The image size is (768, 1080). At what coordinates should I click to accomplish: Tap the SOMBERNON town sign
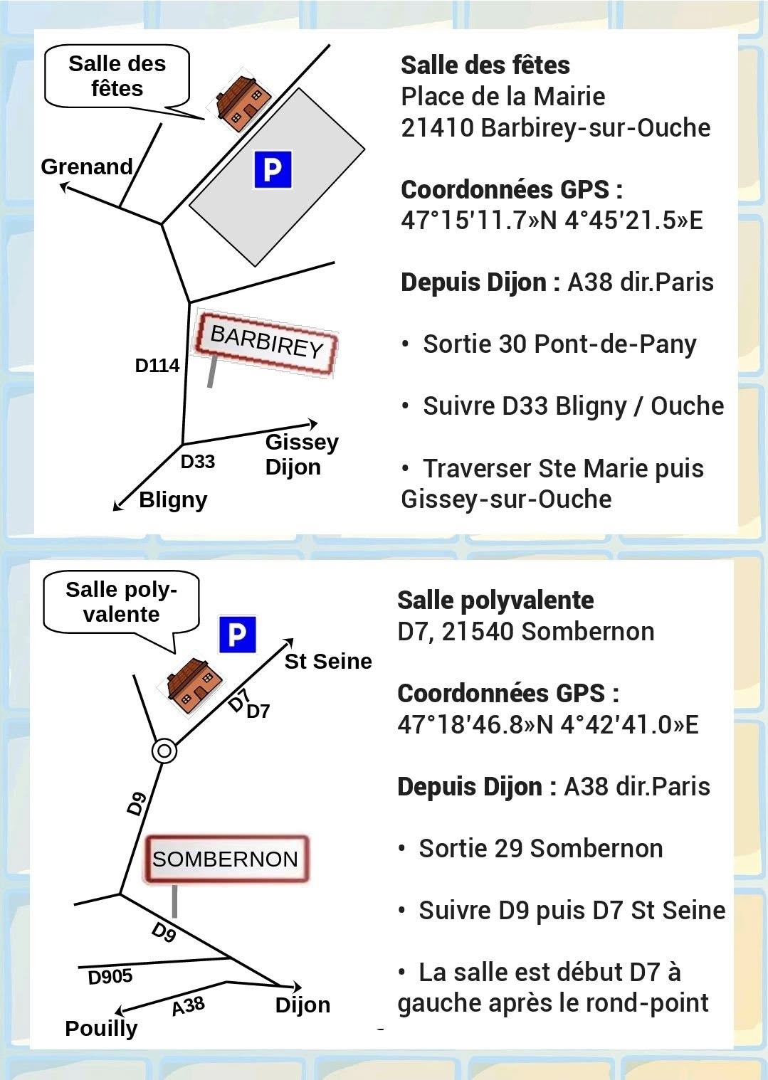225,859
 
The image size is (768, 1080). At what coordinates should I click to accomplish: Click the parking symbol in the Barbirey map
273,169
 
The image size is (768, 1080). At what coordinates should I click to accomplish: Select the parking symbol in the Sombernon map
237,634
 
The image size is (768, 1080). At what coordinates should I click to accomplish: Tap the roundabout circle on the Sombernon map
164,751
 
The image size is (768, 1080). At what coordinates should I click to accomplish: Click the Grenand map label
87,166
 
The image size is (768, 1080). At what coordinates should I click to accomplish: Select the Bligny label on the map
173,499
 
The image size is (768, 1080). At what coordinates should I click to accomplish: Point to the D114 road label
157,366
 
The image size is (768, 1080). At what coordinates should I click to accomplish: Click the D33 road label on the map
198,462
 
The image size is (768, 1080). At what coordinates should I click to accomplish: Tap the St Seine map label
328,662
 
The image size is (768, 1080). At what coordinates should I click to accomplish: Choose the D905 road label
110,977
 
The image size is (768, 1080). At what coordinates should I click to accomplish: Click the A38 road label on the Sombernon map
188,1006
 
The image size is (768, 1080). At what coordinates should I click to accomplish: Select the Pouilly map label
101,1029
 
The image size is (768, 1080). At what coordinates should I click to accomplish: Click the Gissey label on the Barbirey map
302,442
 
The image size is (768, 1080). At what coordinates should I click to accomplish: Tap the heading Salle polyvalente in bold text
495,600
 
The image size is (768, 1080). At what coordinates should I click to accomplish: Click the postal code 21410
437,128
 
